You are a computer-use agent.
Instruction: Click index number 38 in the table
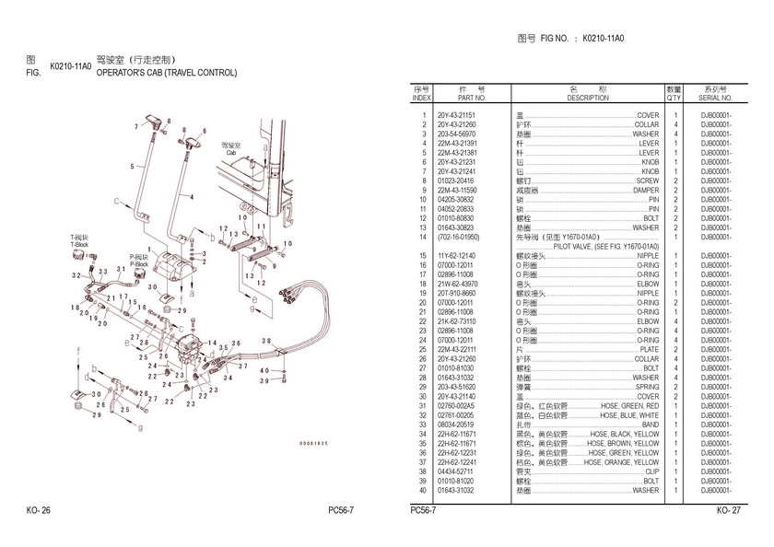423,471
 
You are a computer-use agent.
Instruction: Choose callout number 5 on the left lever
133,167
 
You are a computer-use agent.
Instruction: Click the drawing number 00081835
314,444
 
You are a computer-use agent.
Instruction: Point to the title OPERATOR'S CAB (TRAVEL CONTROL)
167,73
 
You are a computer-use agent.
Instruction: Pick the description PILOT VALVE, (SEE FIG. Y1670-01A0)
605,246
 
